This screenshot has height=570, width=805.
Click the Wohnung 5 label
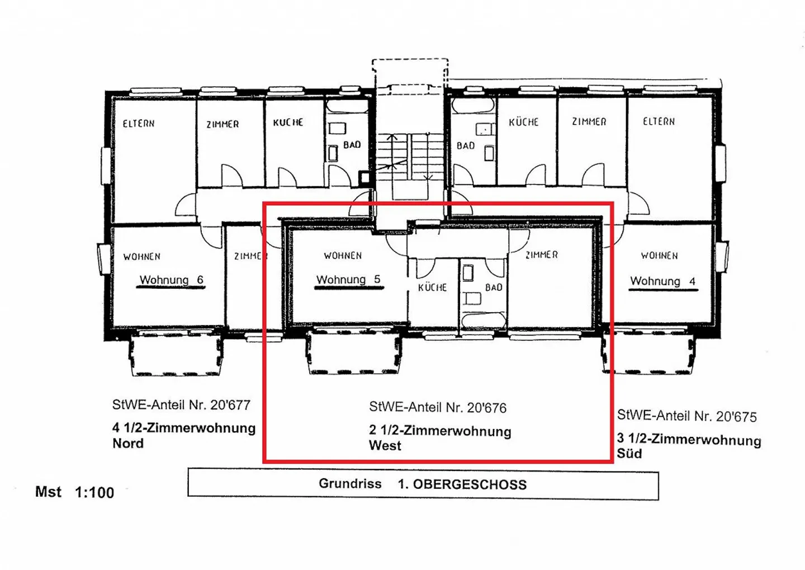coord(348,280)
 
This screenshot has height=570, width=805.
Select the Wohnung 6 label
coord(171,280)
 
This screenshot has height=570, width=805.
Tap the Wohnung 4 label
coord(662,281)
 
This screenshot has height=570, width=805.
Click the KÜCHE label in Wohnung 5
coord(432,288)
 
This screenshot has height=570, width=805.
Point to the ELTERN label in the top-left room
coord(139,124)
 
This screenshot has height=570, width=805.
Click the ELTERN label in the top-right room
coord(659,121)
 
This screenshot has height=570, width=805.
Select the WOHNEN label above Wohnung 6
coord(142,257)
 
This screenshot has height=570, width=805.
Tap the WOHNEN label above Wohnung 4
coord(659,256)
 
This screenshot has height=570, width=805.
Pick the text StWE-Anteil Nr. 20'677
coord(181,405)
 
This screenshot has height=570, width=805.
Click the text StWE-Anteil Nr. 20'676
coord(437,408)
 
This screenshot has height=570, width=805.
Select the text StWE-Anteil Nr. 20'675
coord(686,416)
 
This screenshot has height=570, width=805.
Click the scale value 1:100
coord(94,493)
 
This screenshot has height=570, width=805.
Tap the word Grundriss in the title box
coord(350,484)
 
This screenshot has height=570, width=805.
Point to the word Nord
coord(128,444)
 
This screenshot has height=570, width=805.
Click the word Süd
coord(629,454)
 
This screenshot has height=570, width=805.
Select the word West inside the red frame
coord(385,446)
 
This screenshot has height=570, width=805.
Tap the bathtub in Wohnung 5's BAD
coord(484,321)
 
